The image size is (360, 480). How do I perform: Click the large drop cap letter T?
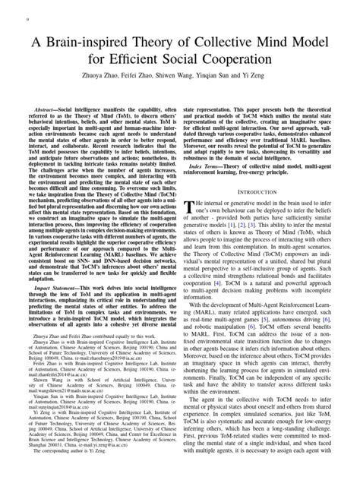(189, 210)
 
